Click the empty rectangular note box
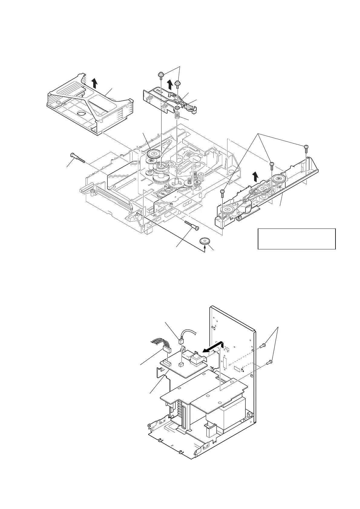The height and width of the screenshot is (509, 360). (x=296, y=239)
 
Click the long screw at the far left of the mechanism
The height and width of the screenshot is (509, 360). (x=77, y=158)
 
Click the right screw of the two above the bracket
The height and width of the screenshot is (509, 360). (x=178, y=82)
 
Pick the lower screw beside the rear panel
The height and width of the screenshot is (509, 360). (x=269, y=361)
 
